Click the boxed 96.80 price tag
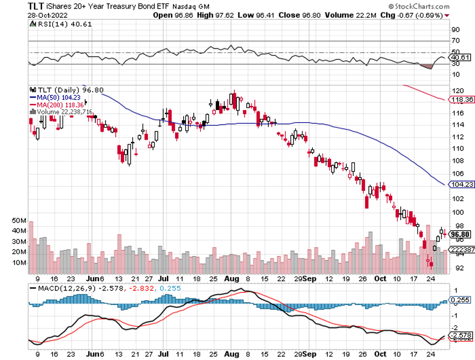[461, 234]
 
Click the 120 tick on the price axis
[456, 90]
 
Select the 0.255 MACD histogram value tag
[461, 300]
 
